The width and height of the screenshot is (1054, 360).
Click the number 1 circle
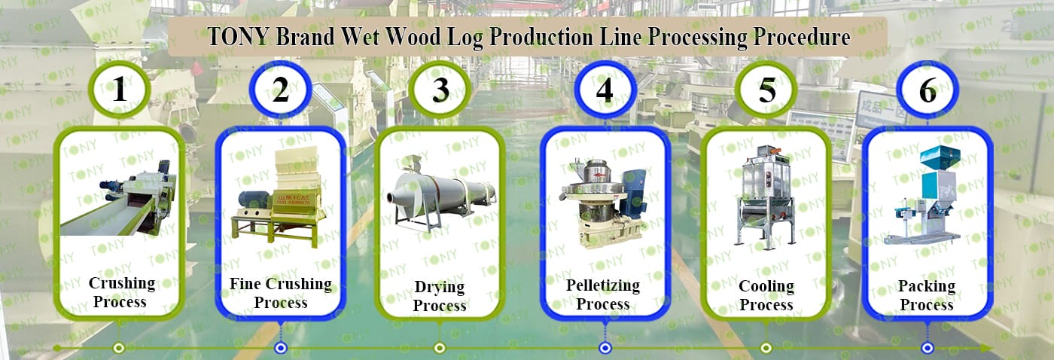click(x=119, y=90)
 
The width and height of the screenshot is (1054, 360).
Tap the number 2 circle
click(x=280, y=90)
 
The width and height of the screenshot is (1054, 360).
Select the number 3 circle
click(x=440, y=90)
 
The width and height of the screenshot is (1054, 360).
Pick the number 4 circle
click(x=604, y=90)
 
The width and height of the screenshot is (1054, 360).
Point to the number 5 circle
click(x=766, y=90)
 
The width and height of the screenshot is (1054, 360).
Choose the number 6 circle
click(x=928, y=90)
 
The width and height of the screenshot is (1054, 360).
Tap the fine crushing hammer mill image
click(x=280, y=197)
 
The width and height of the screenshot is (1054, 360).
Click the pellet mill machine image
click(x=604, y=197)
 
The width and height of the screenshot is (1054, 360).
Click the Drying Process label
click(x=440, y=296)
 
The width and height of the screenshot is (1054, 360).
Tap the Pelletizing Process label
click(x=603, y=294)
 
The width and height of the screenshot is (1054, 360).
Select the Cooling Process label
click(x=766, y=295)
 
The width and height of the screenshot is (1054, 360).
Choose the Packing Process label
click(x=927, y=295)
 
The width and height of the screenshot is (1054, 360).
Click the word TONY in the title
click(x=238, y=37)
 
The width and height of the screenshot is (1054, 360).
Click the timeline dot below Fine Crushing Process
click(x=281, y=348)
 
